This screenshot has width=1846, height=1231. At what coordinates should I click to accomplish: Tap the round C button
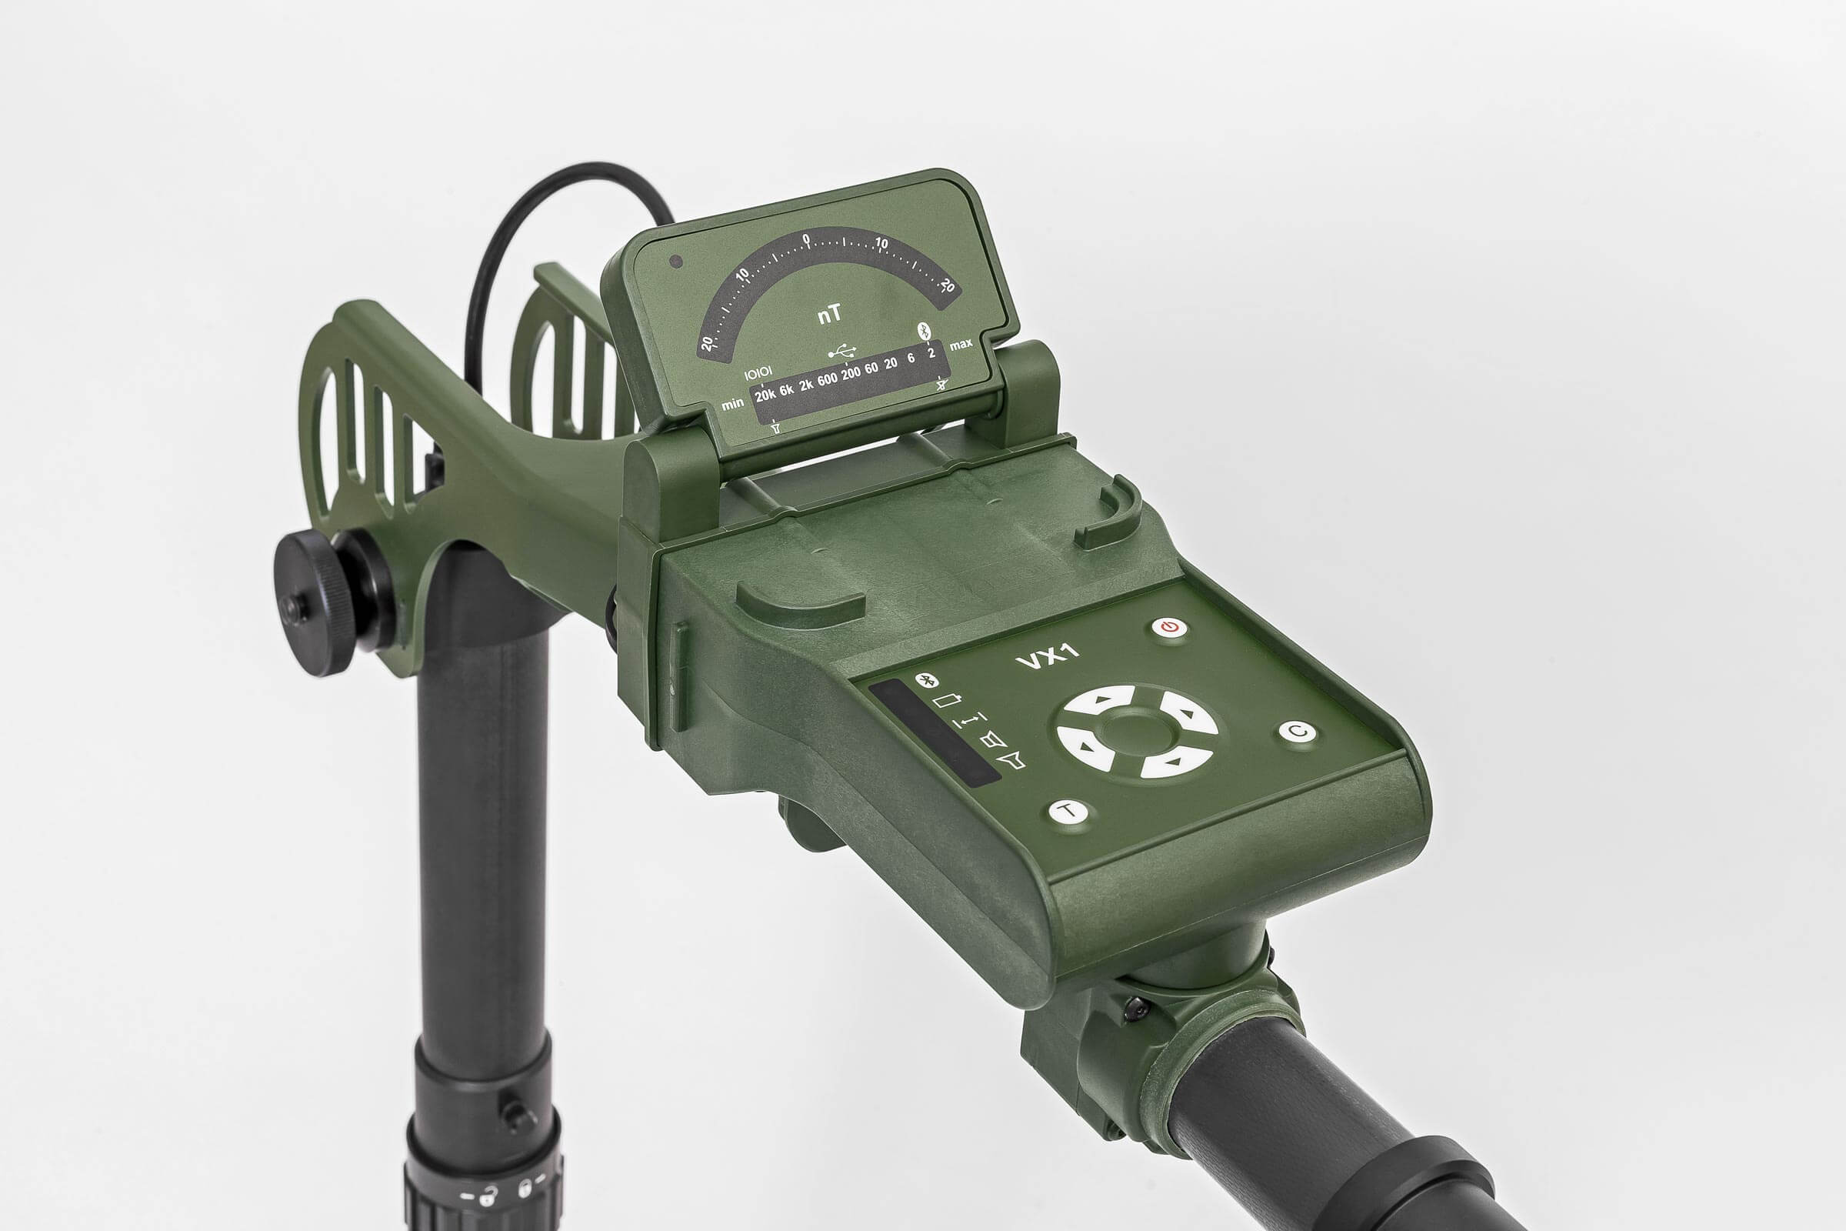pyautogui.click(x=1298, y=732)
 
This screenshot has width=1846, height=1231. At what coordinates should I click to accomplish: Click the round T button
pyautogui.click(x=1068, y=811)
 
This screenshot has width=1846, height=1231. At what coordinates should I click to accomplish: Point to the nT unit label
pyautogui.click(x=831, y=315)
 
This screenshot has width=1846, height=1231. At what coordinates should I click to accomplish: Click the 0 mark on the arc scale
pyautogui.click(x=807, y=239)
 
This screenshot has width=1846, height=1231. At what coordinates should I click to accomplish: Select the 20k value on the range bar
pyautogui.click(x=765, y=395)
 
